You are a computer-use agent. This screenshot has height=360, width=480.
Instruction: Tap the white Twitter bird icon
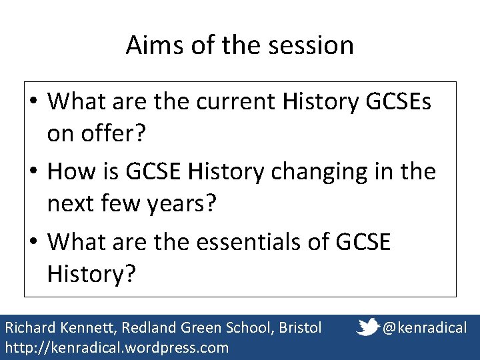[x=368, y=327]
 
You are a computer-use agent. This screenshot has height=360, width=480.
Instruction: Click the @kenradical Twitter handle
[x=425, y=327]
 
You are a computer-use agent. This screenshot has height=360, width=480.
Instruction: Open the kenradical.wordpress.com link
[x=117, y=347]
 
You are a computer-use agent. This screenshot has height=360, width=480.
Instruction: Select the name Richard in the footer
[x=27, y=327]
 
